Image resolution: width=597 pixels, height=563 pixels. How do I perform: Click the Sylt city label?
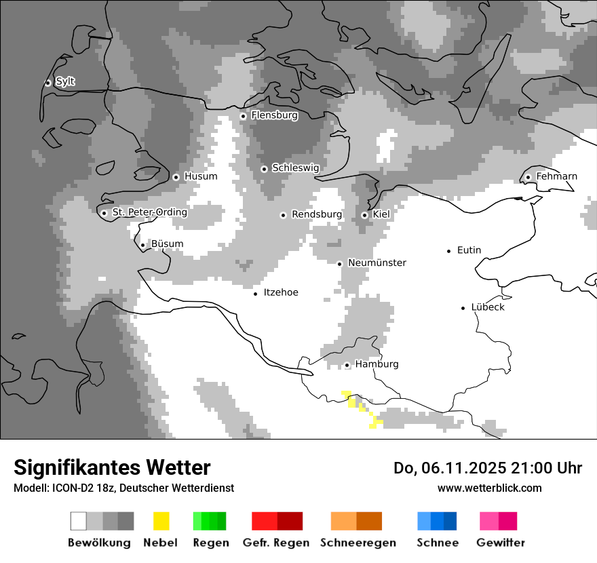pos(65,81)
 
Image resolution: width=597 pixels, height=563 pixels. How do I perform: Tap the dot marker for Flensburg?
pos(243,116)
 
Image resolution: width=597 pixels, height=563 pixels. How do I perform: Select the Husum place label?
pos(201,176)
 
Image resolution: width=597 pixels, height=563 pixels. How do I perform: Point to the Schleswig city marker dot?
pos(264,169)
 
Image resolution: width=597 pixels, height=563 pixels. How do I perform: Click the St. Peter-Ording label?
pos(149,212)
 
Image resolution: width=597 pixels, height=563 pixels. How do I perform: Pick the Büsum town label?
pos(167,244)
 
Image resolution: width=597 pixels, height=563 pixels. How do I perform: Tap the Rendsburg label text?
pos(316,214)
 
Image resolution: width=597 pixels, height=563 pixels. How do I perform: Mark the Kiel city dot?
pos(364,215)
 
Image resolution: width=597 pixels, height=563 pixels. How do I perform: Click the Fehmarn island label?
pos(556,176)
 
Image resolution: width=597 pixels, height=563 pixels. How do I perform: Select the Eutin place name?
pos(469,250)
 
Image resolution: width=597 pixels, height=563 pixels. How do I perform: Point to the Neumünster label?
pos(377,263)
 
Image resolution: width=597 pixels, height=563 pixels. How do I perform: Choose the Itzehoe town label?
pos(280,292)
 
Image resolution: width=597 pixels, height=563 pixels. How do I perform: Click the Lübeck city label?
pos(488,307)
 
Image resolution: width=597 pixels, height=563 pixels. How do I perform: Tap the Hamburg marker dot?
pos(347,365)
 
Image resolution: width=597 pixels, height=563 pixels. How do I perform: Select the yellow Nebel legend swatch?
pos(161,521)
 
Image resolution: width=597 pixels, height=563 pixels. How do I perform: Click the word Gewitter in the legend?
pos(500,543)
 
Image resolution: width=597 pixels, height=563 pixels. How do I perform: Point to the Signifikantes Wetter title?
pos(112,467)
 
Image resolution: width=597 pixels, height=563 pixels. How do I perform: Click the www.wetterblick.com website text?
pos(489,488)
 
